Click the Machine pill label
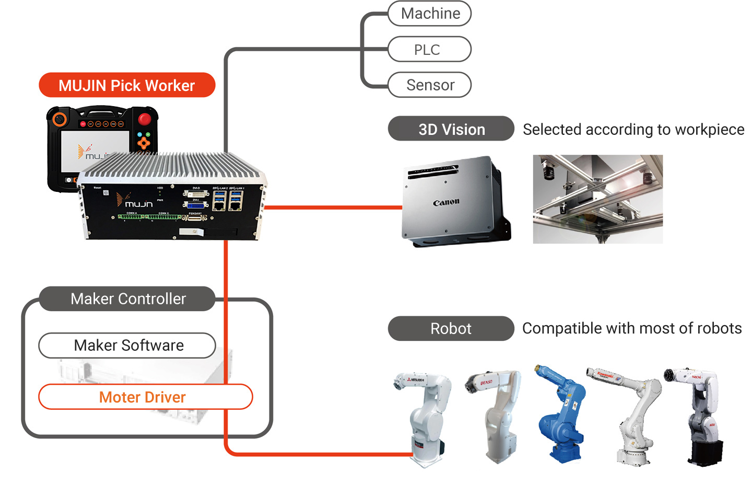click(x=430, y=14)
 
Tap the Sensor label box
click(x=430, y=85)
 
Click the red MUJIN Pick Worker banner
click(x=127, y=85)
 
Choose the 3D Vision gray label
click(x=451, y=129)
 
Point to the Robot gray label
click(x=451, y=328)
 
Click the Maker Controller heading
click(x=128, y=299)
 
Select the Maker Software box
click(x=127, y=346)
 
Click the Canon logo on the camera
click(x=446, y=202)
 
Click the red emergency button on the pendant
click(x=145, y=119)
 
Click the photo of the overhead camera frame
click(x=597, y=199)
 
